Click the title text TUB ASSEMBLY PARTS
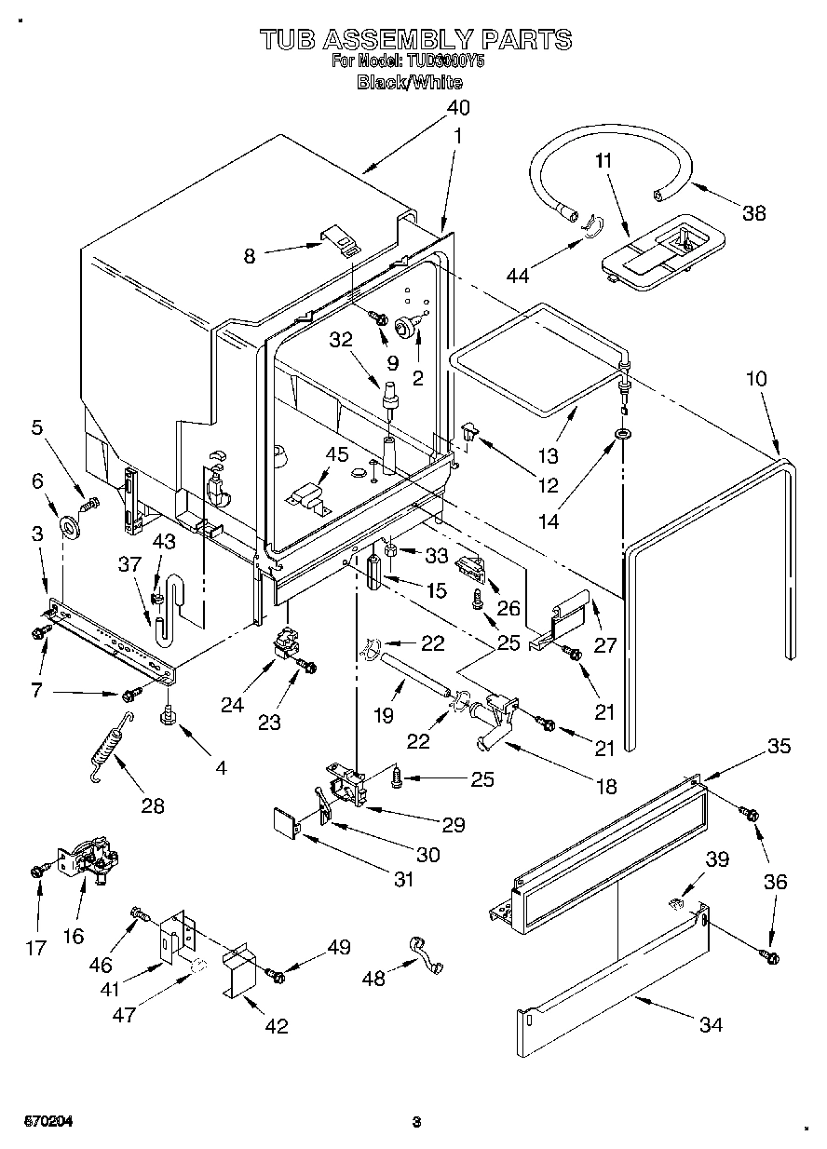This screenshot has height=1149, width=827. point(414,39)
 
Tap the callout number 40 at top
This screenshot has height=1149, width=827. point(457,107)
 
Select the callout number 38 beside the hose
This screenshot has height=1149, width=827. point(754,212)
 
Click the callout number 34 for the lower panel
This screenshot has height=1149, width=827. point(711,1025)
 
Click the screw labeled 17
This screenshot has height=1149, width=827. point(37,871)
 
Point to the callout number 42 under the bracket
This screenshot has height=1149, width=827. point(276,1026)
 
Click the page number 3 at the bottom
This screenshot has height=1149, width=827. point(417,1122)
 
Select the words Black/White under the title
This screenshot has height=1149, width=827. point(410,82)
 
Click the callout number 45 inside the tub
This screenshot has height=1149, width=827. point(336,454)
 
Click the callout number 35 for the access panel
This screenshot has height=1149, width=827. point(779,746)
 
